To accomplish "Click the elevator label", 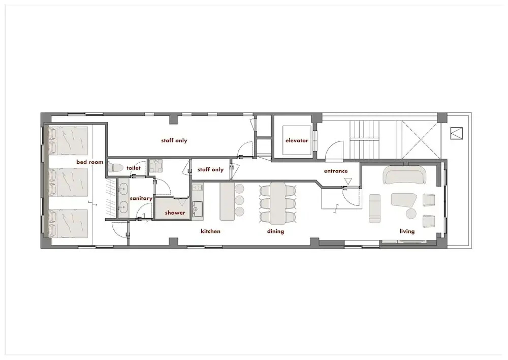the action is pos(297,140).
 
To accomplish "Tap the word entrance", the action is pos(336,171).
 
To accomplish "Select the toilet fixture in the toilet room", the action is pos(115,167).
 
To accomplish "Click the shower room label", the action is pos(175,213).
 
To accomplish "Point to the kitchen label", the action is pos(211,231).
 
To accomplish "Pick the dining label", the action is pos(275,231).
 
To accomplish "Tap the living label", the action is pos(407,231).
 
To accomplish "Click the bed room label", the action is pos(90,162).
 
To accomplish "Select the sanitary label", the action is pos(141,198).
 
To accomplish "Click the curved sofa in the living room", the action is pos(404,175).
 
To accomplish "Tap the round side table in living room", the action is pos(411,214).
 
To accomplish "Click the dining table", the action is pos(278,204).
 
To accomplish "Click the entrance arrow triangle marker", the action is pos(348,181).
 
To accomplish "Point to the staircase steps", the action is pos(364,140).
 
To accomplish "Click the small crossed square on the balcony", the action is pos(457,133).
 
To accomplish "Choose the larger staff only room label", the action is pos(174,140).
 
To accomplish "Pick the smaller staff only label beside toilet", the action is pos(210,169).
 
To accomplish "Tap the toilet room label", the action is pos(134,168).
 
